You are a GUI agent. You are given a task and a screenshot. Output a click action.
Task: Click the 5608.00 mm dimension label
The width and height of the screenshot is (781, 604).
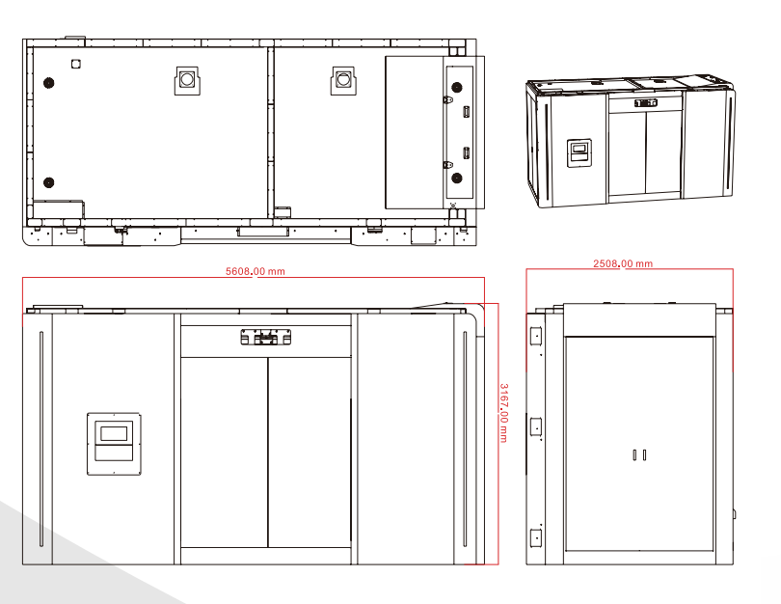click(255, 271)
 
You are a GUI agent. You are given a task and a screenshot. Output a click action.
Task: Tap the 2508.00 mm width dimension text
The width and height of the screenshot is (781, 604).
click(623, 263)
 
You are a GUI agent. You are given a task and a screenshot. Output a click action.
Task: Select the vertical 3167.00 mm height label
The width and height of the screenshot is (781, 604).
click(503, 413)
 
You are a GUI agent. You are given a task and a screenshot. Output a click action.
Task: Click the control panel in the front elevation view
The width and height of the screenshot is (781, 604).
click(114, 444)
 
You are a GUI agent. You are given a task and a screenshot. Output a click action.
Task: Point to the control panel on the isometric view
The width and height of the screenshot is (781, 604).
click(579, 153)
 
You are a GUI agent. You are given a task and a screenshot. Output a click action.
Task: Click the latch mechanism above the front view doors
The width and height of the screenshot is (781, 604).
click(265, 338)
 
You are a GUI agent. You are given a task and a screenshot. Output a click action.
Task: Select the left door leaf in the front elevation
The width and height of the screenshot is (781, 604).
click(224, 453)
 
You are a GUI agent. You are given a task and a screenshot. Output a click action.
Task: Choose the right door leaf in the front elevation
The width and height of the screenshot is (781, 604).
click(310, 453)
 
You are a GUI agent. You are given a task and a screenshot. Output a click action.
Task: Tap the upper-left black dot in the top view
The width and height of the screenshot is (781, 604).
click(49, 83)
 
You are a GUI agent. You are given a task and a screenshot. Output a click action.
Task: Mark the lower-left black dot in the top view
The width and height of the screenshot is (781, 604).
click(49, 182)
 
